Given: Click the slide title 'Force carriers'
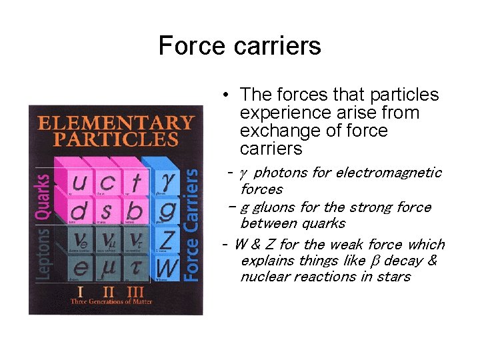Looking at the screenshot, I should coord(240,46).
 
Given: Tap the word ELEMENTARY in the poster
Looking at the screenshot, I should coord(116,123).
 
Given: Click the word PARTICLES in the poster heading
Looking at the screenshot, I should coord(116,139).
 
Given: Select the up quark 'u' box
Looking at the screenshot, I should coord(79,181).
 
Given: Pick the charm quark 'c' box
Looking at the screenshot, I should coord(107,181).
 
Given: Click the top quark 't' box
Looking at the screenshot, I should coord(136,181).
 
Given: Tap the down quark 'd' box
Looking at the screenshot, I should coord(79,211).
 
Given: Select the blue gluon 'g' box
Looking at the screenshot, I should coord(168,210).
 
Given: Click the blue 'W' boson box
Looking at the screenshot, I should coord(167,268).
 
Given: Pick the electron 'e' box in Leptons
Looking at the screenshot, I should coord(79,269).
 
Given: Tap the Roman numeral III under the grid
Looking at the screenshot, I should coord(135,291).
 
